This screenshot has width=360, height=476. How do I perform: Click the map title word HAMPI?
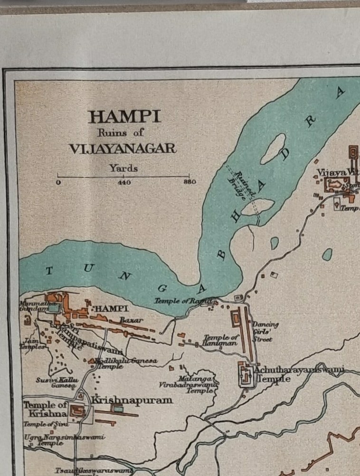pyautogui.click(x=124, y=116)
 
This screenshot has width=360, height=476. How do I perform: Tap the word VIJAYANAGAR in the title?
pyautogui.click(x=123, y=149)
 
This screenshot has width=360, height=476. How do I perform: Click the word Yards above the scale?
pyautogui.click(x=123, y=168)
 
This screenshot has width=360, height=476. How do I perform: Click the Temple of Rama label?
pyautogui.click(x=184, y=301)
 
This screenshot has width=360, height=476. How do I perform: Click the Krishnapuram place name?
pyautogui.click(x=132, y=400)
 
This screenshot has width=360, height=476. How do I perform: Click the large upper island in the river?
pyautogui.click(x=273, y=148)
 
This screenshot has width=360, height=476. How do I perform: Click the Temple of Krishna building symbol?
pyautogui.click(x=77, y=411)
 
